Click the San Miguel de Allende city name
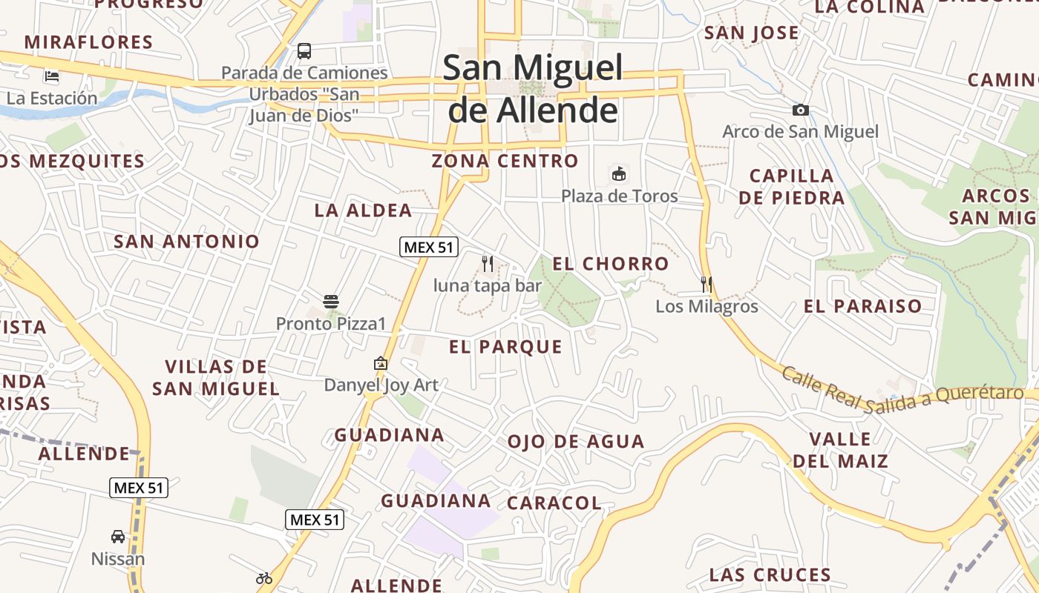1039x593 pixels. click(533, 89)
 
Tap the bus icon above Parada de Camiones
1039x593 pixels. click(304, 51)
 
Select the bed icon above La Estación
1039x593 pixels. click(52, 76)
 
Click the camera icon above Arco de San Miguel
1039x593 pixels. click(801, 110)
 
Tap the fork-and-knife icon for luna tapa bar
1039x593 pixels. click(488, 263)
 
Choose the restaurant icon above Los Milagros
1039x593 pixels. click(707, 284)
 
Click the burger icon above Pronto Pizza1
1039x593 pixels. click(331, 302)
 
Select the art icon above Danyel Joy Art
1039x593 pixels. click(381, 363)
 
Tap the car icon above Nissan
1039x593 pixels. click(118, 536)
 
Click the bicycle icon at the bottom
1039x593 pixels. click(264, 578)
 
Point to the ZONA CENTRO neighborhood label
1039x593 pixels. click(505, 161)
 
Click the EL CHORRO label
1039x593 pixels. click(611, 264)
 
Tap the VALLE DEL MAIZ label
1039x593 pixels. click(840, 450)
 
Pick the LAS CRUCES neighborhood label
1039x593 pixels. click(770, 575)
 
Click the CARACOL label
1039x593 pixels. click(554, 503)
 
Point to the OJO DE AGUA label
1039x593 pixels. click(576, 442)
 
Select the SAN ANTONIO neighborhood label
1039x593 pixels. click(186, 242)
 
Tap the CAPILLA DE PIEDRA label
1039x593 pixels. click(792, 187)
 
